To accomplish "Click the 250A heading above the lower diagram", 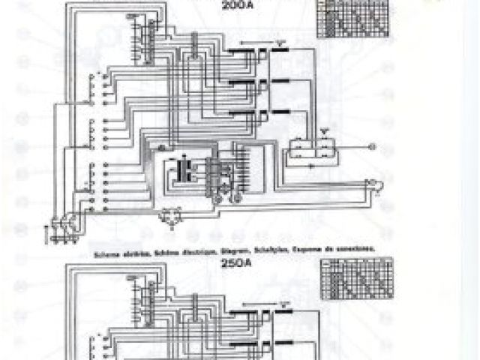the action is (x=234, y=263).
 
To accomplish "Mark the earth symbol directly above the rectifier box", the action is (x=323, y=131).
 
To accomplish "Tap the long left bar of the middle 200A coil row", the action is (x=239, y=80).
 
